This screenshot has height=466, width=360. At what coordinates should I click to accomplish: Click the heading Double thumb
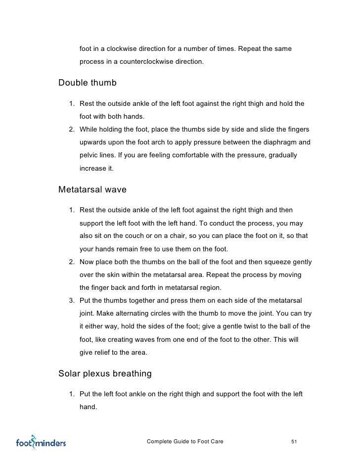point(88,83)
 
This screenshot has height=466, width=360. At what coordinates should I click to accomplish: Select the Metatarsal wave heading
point(92,189)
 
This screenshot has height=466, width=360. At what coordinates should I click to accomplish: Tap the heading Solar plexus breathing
point(105,373)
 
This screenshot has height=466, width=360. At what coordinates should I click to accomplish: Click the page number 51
point(294,441)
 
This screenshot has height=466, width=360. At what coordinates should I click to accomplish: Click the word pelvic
point(90,155)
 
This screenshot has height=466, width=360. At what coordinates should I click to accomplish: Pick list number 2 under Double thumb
point(72,130)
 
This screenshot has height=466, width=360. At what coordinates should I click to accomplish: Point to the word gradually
point(281,155)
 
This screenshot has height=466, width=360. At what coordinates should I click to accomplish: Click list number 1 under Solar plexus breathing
point(72,394)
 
